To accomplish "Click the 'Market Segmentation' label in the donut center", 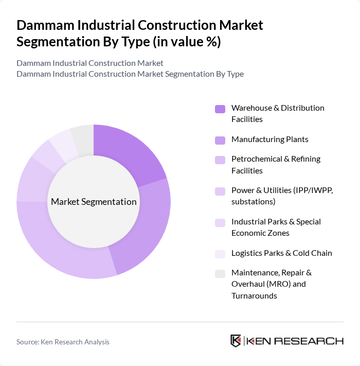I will [x=94, y=202].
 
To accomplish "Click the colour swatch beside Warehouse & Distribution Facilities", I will [x=220, y=109].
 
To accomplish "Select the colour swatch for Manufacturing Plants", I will [x=220, y=140].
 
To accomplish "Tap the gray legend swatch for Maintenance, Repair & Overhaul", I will [x=220, y=273].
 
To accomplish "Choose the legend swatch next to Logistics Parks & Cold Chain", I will [x=220, y=253].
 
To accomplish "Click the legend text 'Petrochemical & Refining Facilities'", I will [x=276, y=165].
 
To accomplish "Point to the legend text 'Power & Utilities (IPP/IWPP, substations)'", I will [x=282, y=196].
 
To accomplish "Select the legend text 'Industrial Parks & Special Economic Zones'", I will [x=276, y=227].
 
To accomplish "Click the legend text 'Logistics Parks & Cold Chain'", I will [x=281, y=253].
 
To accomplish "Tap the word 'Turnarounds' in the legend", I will [x=254, y=295].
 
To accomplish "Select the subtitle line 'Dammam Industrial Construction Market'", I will [x=90, y=63].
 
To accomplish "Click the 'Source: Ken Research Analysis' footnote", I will [x=63, y=342].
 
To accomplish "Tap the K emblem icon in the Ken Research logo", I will [x=236, y=341].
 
